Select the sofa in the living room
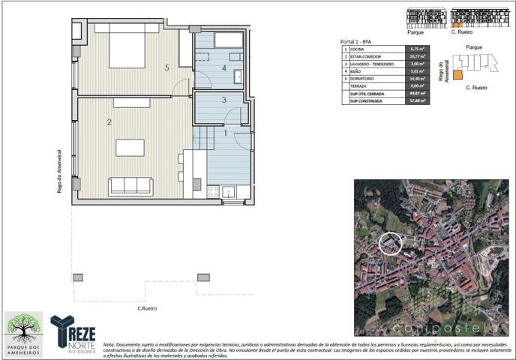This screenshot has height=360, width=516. point(130,185)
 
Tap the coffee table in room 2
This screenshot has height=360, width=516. point(130,147)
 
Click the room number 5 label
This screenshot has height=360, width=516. point(166,68)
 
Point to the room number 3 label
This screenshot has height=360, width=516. point(223,100)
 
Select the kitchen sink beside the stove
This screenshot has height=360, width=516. point(229,191)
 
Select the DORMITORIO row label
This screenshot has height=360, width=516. point(365,79)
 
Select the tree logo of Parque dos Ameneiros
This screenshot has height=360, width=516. point(24,328)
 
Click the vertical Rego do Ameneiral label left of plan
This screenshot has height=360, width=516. point(59,170)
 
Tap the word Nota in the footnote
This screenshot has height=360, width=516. point(109,337)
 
